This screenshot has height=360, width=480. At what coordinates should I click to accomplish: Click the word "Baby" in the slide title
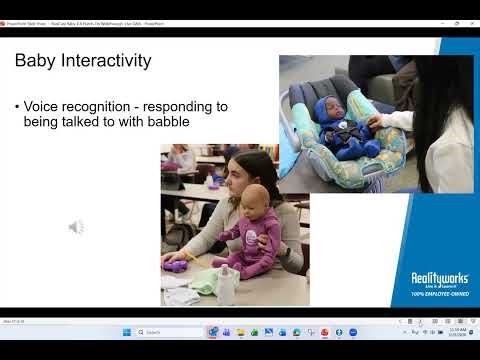(35, 61)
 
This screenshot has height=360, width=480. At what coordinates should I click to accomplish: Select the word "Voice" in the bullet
(40, 105)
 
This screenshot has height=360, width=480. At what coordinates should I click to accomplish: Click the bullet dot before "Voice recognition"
(17, 106)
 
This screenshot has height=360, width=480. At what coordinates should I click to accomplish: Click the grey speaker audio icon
(76, 227)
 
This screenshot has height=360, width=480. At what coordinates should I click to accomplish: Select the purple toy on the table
(178, 266)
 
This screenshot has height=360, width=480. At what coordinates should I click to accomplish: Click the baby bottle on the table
(228, 286)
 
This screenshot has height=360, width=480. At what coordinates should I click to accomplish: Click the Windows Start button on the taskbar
(127, 332)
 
